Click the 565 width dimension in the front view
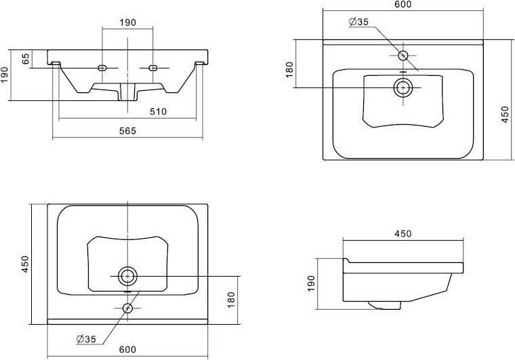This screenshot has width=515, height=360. point(127,131)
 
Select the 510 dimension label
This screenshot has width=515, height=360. point(158,112)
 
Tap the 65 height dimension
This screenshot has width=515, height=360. point(26,58)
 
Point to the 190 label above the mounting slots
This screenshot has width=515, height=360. point(127,22)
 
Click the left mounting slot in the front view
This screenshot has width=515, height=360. point(102,68)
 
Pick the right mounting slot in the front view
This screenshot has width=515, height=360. point(153,68)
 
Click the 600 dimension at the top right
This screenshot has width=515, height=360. point(403,4)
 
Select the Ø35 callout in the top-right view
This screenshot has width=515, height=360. point(358,22)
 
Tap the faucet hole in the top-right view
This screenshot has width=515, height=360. point(403,56)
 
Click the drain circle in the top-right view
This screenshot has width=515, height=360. point(403,87)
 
